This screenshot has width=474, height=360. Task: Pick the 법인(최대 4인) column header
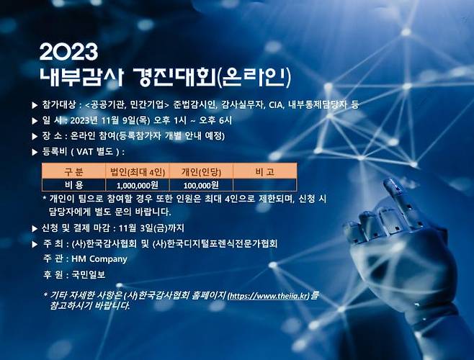click(x=137, y=171)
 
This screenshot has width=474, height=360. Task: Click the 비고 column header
click(x=264, y=171)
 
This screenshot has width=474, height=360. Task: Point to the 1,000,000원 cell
click(x=137, y=185)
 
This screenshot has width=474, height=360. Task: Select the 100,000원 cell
click(x=201, y=185)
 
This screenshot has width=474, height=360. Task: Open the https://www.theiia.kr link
click(x=268, y=295)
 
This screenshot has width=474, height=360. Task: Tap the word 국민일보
click(x=88, y=274)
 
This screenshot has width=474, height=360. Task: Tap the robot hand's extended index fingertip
click(x=392, y=186)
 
